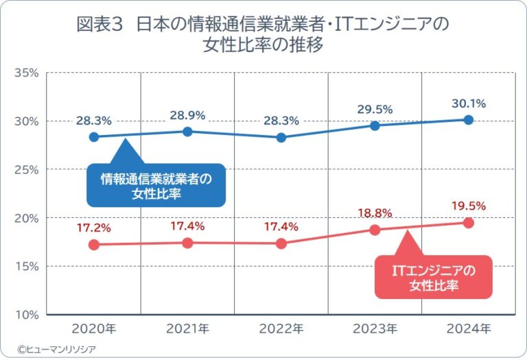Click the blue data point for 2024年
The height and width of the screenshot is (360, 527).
[x=469, y=119]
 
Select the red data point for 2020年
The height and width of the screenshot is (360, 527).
[x=94, y=245]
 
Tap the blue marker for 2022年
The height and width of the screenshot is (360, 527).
[x=281, y=137]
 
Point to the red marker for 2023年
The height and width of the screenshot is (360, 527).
[x=375, y=230]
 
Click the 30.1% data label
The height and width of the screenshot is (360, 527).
[x=469, y=104]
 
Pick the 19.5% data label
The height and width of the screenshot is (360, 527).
[x=469, y=206]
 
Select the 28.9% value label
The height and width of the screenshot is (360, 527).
[x=187, y=115]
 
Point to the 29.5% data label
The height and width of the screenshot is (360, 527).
[x=375, y=109]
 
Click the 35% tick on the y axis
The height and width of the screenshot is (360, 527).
[x=25, y=72]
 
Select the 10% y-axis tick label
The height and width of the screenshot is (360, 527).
[x=25, y=315]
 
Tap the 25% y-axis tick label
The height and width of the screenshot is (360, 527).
[x=25, y=169]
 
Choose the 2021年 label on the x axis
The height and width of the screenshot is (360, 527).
[x=187, y=329]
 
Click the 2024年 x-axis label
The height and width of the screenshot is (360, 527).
[x=469, y=329]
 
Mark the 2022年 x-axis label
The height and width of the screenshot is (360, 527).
[x=281, y=329]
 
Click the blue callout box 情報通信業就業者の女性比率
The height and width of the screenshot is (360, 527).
[x=156, y=186]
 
